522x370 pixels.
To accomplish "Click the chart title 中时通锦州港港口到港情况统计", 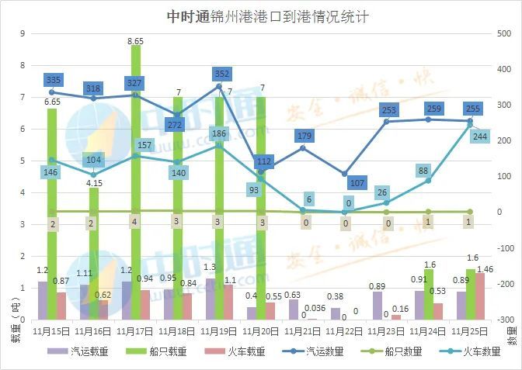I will coord(260,16).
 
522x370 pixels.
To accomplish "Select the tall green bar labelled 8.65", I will coord(136,182).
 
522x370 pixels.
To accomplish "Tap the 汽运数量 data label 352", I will coord(221,74).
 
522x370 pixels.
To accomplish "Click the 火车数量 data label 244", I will coord(481,137).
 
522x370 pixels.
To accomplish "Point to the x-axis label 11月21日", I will coord(304,330).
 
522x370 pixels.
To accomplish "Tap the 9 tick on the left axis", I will coord(23,33).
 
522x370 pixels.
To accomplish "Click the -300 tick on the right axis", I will coord(506,319).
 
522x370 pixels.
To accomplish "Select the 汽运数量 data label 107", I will coord(357,183).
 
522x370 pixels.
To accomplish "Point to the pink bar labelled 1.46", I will coord(479,296).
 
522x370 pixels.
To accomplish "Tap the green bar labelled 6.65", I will coord(52,213).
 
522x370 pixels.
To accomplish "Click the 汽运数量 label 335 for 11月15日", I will coord(54,79).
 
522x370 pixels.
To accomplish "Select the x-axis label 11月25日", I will coord(470,330).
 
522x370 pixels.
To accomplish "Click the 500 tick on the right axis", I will coord(504,33).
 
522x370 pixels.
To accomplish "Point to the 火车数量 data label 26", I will coord(381,192).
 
